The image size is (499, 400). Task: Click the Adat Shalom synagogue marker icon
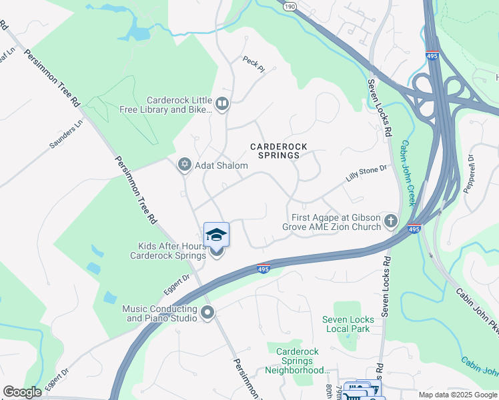185,165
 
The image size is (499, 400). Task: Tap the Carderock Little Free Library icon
222,103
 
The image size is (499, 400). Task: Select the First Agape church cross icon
391,221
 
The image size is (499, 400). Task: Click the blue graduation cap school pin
216,235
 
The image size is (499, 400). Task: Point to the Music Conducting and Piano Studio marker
207,312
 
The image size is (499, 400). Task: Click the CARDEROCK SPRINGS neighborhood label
274,150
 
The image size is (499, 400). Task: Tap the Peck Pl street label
254,63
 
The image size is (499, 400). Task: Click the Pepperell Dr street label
470,171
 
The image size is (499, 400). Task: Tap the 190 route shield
288,5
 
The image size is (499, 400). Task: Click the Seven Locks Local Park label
348,324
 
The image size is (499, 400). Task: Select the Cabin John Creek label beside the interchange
412,173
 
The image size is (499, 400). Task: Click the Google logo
23,392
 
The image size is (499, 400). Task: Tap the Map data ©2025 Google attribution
458,395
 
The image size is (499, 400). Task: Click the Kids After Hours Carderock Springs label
167,251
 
